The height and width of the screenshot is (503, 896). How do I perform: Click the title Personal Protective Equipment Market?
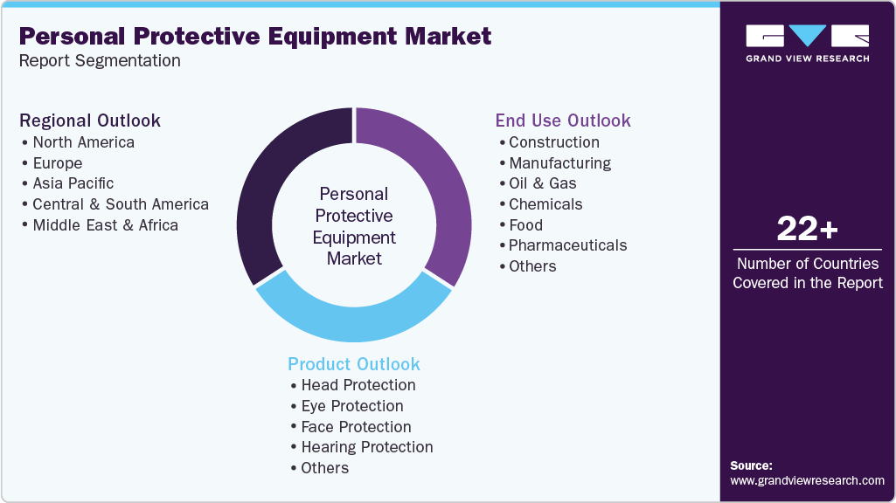coord(254,37)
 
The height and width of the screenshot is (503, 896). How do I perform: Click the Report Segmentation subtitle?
coord(100,61)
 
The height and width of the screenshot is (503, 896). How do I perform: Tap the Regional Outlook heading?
coord(90,121)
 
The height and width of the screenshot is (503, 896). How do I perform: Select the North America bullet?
coord(83,141)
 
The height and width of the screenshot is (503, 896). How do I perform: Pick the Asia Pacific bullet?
coord(73,183)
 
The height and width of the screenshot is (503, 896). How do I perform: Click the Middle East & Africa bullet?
coord(105,224)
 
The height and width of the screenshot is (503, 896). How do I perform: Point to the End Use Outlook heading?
coord(563,121)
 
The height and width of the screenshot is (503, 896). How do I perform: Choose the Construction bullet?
coord(553,141)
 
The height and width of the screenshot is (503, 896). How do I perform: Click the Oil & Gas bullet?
coord(542,183)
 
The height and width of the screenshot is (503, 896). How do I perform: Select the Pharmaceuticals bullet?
coord(567,245)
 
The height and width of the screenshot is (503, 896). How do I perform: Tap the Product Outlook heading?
coord(354,364)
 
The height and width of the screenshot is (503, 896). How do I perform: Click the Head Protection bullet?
coord(358,385)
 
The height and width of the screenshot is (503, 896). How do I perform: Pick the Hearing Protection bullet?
coord(366,447)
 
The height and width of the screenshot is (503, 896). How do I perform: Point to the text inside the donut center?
coord(354,226)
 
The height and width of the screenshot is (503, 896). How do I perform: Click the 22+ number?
coord(807,230)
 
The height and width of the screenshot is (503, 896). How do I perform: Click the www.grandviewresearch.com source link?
coord(807,480)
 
